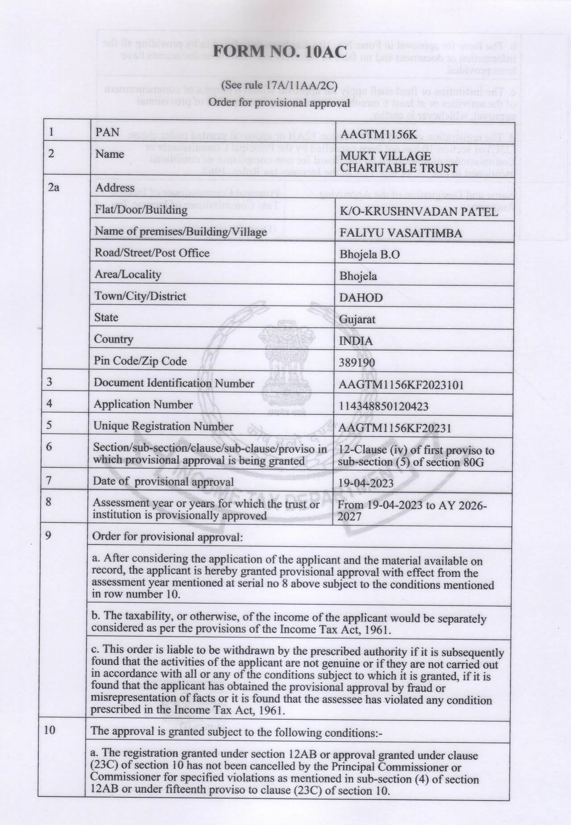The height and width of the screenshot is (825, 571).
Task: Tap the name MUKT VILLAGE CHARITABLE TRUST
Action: pos(399,162)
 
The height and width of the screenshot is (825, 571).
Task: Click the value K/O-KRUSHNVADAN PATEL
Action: pos(418,212)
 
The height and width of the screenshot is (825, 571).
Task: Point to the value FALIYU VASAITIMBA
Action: pos(401,233)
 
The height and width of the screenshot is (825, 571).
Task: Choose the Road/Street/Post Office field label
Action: pos(152,253)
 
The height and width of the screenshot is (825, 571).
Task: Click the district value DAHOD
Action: pos(361,298)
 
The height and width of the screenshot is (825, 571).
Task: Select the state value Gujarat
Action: pos(357,319)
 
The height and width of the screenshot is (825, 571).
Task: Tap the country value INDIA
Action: pos(356,341)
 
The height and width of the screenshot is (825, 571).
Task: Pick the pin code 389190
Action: pos(357,363)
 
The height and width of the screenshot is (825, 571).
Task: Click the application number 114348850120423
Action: pos(383,406)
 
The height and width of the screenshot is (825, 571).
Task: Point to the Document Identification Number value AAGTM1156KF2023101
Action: pos(401,384)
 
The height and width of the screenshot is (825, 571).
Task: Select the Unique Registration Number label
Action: pos(163,426)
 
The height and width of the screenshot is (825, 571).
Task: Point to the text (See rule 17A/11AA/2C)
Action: pos(279,85)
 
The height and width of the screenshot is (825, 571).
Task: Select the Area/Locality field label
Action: pos(128,275)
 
